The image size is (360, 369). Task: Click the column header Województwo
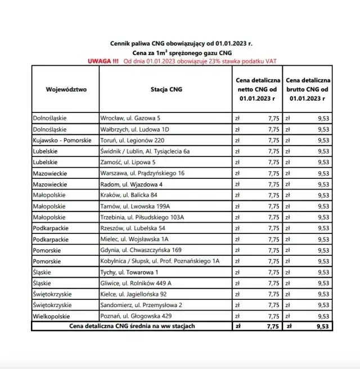click(66, 89)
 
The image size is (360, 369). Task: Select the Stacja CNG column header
click(166, 89)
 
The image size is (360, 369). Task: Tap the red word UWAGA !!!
click(103, 61)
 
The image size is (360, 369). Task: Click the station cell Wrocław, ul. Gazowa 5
click(130, 118)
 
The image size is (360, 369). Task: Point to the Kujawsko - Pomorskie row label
click(65, 140)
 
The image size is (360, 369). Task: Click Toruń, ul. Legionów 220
click(132, 140)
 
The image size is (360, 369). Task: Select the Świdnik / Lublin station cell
click(145, 151)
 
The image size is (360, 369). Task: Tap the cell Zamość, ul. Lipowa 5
click(128, 162)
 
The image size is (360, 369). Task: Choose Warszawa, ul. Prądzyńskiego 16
click(142, 173)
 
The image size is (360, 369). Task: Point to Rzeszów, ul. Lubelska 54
click(132, 228)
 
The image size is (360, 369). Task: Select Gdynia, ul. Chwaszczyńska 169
click(141, 250)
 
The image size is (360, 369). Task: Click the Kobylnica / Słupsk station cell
click(159, 261)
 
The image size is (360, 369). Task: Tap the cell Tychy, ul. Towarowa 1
click(129, 272)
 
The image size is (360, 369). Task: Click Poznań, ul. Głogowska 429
click(136, 316)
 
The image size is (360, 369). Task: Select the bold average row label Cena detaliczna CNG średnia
click(132, 326)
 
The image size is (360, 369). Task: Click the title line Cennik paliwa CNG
click(180, 43)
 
